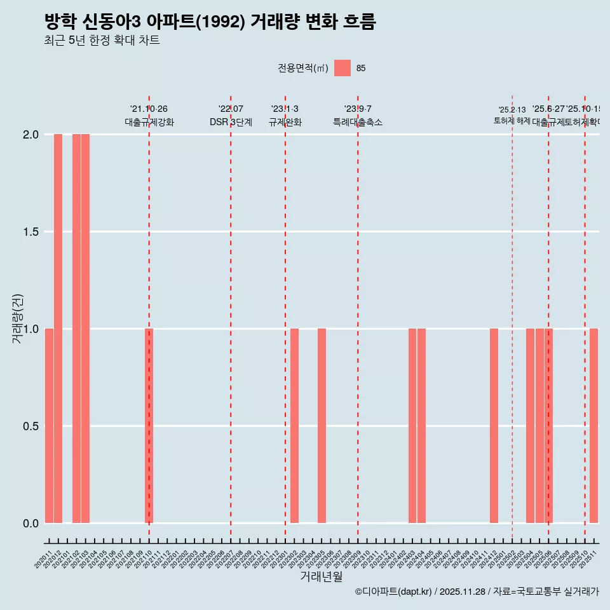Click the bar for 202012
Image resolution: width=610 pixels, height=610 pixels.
pos(58,329)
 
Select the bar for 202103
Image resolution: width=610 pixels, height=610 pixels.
pos(85,329)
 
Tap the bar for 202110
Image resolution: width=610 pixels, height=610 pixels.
pos(149,426)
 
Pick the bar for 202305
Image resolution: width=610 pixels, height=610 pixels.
pos(322,426)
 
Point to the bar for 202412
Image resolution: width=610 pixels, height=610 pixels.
pos(494,426)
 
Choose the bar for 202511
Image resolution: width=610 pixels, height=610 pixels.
pos(593,426)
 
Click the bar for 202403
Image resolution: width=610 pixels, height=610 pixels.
pos(412,426)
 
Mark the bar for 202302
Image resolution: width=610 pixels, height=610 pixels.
pos(294,426)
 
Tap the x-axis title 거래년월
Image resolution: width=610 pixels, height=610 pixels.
pos(322,577)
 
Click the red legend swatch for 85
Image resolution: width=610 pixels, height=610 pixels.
pos(342,68)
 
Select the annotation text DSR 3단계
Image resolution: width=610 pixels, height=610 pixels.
pos(231,122)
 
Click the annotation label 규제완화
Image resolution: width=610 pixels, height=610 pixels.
pos(285,122)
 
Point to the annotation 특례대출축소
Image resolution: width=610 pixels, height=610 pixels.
pos(358,122)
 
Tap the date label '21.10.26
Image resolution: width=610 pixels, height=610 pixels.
pos(149,109)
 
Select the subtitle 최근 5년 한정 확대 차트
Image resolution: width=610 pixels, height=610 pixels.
pos(102,41)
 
